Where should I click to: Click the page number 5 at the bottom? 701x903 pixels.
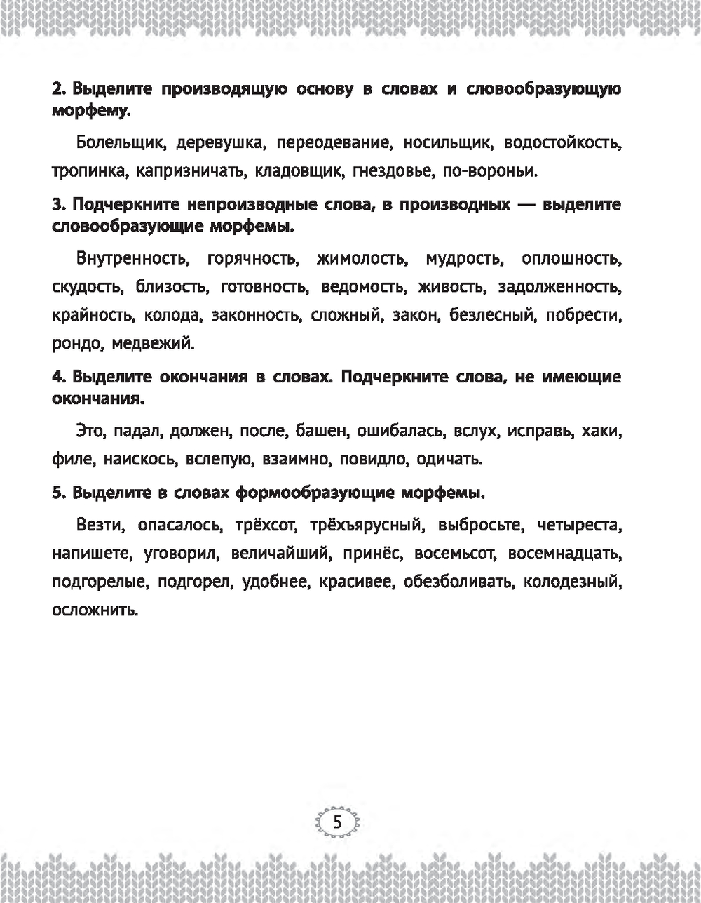[x=337, y=822]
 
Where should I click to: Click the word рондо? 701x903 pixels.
[x=73, y=343]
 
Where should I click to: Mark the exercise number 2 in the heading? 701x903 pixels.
[x=58, y=90]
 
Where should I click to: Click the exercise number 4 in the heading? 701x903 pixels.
[x=58, y=377]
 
